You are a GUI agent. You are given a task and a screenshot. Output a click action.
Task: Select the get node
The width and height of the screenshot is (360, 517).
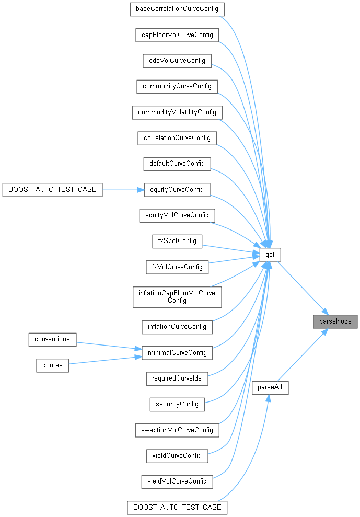point(270,255)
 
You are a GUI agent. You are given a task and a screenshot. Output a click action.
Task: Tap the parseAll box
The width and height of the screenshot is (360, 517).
point(270,388)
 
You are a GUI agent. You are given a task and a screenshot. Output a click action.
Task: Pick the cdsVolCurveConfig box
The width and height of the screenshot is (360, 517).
point(177,60)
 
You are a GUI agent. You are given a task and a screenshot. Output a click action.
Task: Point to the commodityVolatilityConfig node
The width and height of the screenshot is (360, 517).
point(177,112)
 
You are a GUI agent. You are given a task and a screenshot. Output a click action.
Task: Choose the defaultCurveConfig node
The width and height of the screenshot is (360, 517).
point(177,164)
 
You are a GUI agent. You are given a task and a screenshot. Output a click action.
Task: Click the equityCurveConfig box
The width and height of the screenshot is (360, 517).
point(177,189)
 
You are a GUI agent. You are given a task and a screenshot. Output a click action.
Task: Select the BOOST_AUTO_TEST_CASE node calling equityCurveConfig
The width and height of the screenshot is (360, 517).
point(52,189)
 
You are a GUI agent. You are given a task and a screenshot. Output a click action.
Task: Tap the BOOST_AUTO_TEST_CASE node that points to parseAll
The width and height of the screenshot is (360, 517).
point(177,507)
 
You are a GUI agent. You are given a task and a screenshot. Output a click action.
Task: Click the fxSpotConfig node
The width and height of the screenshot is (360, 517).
point(177,240)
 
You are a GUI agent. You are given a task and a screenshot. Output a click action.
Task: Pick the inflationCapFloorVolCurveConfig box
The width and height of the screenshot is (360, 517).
point(177,296)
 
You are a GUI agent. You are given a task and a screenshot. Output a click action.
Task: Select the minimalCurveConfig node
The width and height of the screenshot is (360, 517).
point(177,352)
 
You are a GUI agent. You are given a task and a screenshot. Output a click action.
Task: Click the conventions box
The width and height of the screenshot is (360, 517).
point(52,339)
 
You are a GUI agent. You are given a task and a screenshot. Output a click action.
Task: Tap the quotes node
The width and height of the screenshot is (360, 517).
point(52,365)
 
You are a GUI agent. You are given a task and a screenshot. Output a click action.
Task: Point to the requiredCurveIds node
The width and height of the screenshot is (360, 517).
point(177,377)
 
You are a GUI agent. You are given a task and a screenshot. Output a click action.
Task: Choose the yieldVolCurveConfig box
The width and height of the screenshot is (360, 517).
point(177,481)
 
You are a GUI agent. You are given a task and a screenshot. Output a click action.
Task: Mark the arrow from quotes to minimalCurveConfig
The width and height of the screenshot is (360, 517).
point(104,361)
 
